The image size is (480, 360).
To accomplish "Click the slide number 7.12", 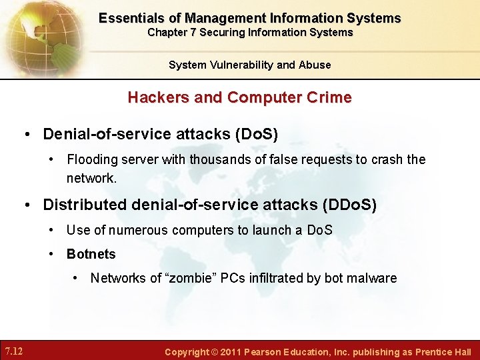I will tap(14, 351).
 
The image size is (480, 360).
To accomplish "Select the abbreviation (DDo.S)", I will tap(349, 204).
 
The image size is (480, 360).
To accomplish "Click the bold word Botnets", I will tap(91, 254).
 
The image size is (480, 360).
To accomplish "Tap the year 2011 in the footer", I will tap(230, 351).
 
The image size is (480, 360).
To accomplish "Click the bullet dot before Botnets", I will tap(52, 254).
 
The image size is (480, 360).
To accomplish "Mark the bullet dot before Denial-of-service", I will tap(28, 134).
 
